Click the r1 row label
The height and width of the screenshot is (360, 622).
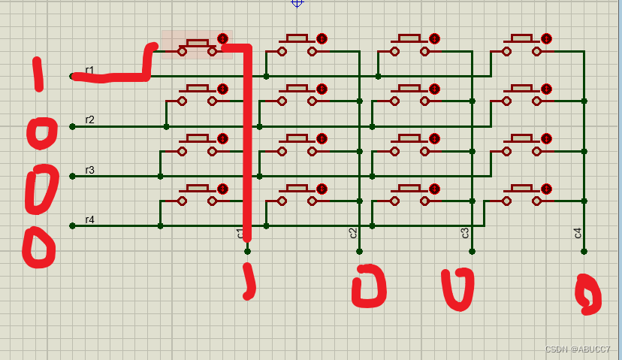pyautogui.click(x=89, y=70)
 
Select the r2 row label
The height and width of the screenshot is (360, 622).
pyautogui.click(x=89, y=119)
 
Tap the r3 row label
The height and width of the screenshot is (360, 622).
pyautogui.click(x=89, y=170)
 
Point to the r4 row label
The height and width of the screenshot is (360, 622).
pyautogui.click(x=89, y=219)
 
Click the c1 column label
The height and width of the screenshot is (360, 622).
pyautogui.click(x=240, y=233)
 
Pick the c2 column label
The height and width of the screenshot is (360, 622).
pyautogui.click(x=353, y=233)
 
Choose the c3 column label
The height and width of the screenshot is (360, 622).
pyautogui.click(x=465, y=233)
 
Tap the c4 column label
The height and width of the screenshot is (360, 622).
pyautogui.click(x=578, y=233)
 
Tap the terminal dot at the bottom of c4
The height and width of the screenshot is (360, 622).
pyautogui.click(x=584, y=252)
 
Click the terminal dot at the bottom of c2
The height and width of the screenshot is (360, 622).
pyautogui.click(x=359, y=252)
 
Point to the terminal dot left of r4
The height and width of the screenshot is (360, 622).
pyautogui.click(x=72, y=226)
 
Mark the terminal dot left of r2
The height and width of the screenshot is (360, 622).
pyautogui.click(x=72, y=126)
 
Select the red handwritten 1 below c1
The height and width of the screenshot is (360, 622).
pyautogui.click(x=249, y=282)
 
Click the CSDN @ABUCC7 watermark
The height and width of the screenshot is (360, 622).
pyautogui.click(x=578, y=349)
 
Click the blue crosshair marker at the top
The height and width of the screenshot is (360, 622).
pyautogui.click(x=297, y=2)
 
